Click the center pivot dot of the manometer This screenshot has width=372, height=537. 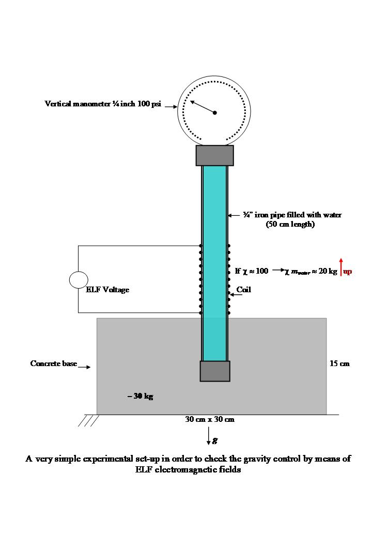tap(215, 113)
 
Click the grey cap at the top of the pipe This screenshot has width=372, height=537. tap(214, 155)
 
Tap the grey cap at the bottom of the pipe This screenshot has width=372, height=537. tap(215, 371)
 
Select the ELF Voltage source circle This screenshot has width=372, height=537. tap(79, 279)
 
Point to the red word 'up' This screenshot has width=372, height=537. tap(348, 272)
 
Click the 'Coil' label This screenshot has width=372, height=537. tap(243, 290)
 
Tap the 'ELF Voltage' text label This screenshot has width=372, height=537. tap(107, 290)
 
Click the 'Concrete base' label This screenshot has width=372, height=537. tap(54, 364)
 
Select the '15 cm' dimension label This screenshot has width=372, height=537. tap(339, 364)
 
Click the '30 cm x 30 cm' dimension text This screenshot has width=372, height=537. tap(210, 419)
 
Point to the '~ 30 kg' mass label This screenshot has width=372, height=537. tap(140, 396)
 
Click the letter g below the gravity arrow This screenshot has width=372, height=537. tap(215, 440)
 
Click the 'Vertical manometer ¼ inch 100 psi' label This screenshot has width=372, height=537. tap(103, 104)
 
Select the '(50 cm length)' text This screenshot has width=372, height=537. tap(290, 224)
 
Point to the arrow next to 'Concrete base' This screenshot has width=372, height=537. tap(85, 367)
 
